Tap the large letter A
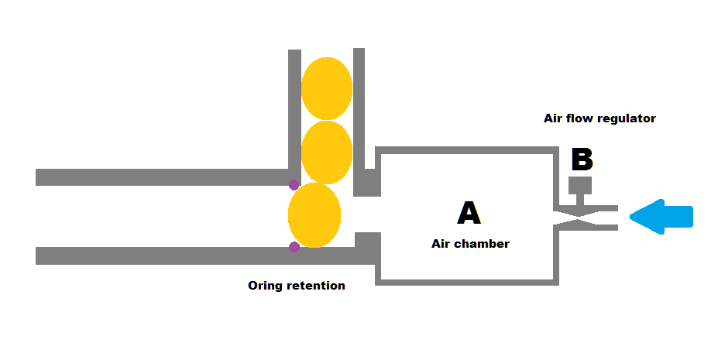469,212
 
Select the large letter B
582,159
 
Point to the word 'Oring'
265,286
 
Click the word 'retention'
315,286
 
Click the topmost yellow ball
327,88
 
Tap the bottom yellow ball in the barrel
314,215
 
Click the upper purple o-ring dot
294,185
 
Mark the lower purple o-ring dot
294,247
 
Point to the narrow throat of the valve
580,218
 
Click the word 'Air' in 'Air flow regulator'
555,118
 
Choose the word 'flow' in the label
582,118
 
